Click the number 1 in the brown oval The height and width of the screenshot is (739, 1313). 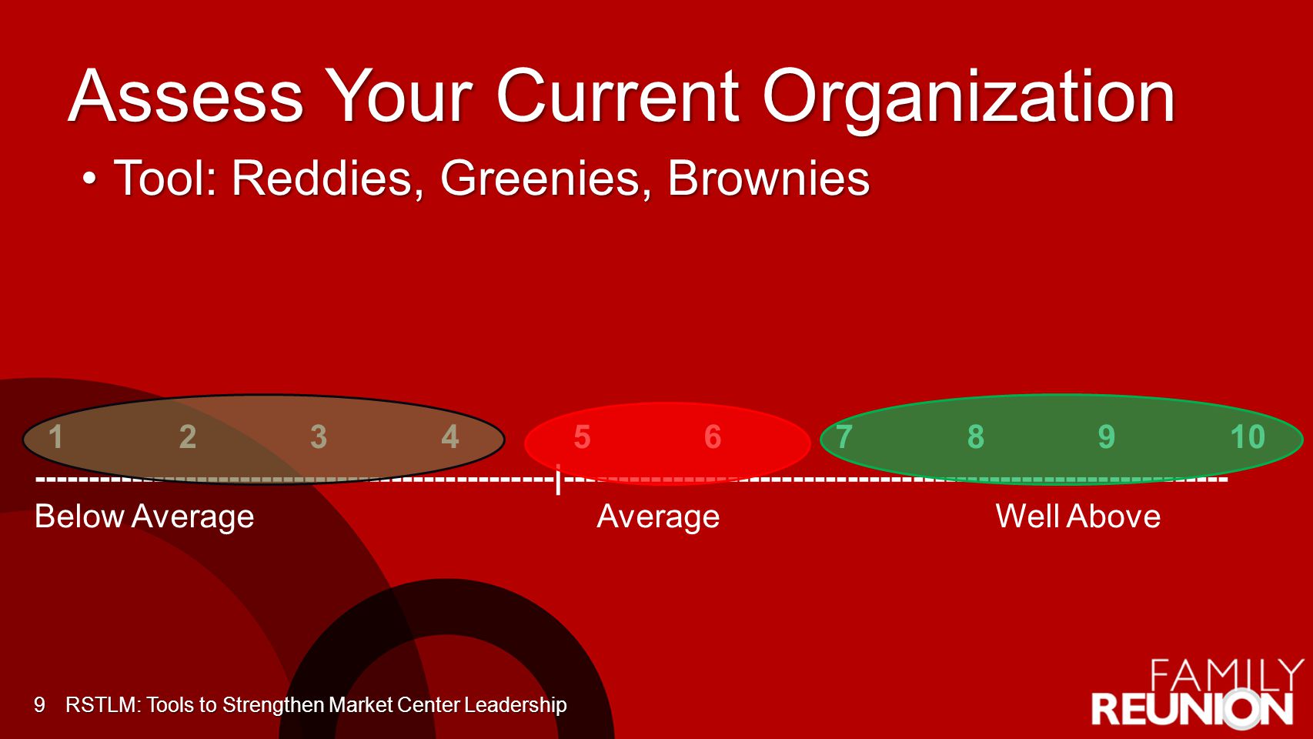[x=55, y=437]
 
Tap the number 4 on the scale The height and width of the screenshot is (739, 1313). [x=449, y=437]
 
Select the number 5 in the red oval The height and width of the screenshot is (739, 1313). [x=582, y=437]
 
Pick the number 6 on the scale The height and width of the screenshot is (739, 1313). [x=712, y=437]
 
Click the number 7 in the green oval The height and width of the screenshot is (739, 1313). [x=844, y=437]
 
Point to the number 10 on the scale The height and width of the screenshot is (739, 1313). [x=1248, y=437]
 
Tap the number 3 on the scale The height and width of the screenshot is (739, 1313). [x=319, y=437]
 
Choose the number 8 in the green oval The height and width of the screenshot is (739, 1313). [x=975, y=437]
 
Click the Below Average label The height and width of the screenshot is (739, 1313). [x=144, y=517]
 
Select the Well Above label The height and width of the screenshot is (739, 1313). [x=1078, y=516]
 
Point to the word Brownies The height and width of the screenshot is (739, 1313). [x=768, y=179]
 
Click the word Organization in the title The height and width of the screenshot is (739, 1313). [x=968, y=97]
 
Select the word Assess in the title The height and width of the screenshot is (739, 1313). [x=185, y=96]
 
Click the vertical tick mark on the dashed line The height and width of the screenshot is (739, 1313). [x=558, y=479]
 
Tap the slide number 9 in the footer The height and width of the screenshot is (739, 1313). [x=39, y=704]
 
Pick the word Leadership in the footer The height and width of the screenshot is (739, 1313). [x=515, y=705]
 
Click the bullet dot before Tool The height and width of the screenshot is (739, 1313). [x=89, y=178]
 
